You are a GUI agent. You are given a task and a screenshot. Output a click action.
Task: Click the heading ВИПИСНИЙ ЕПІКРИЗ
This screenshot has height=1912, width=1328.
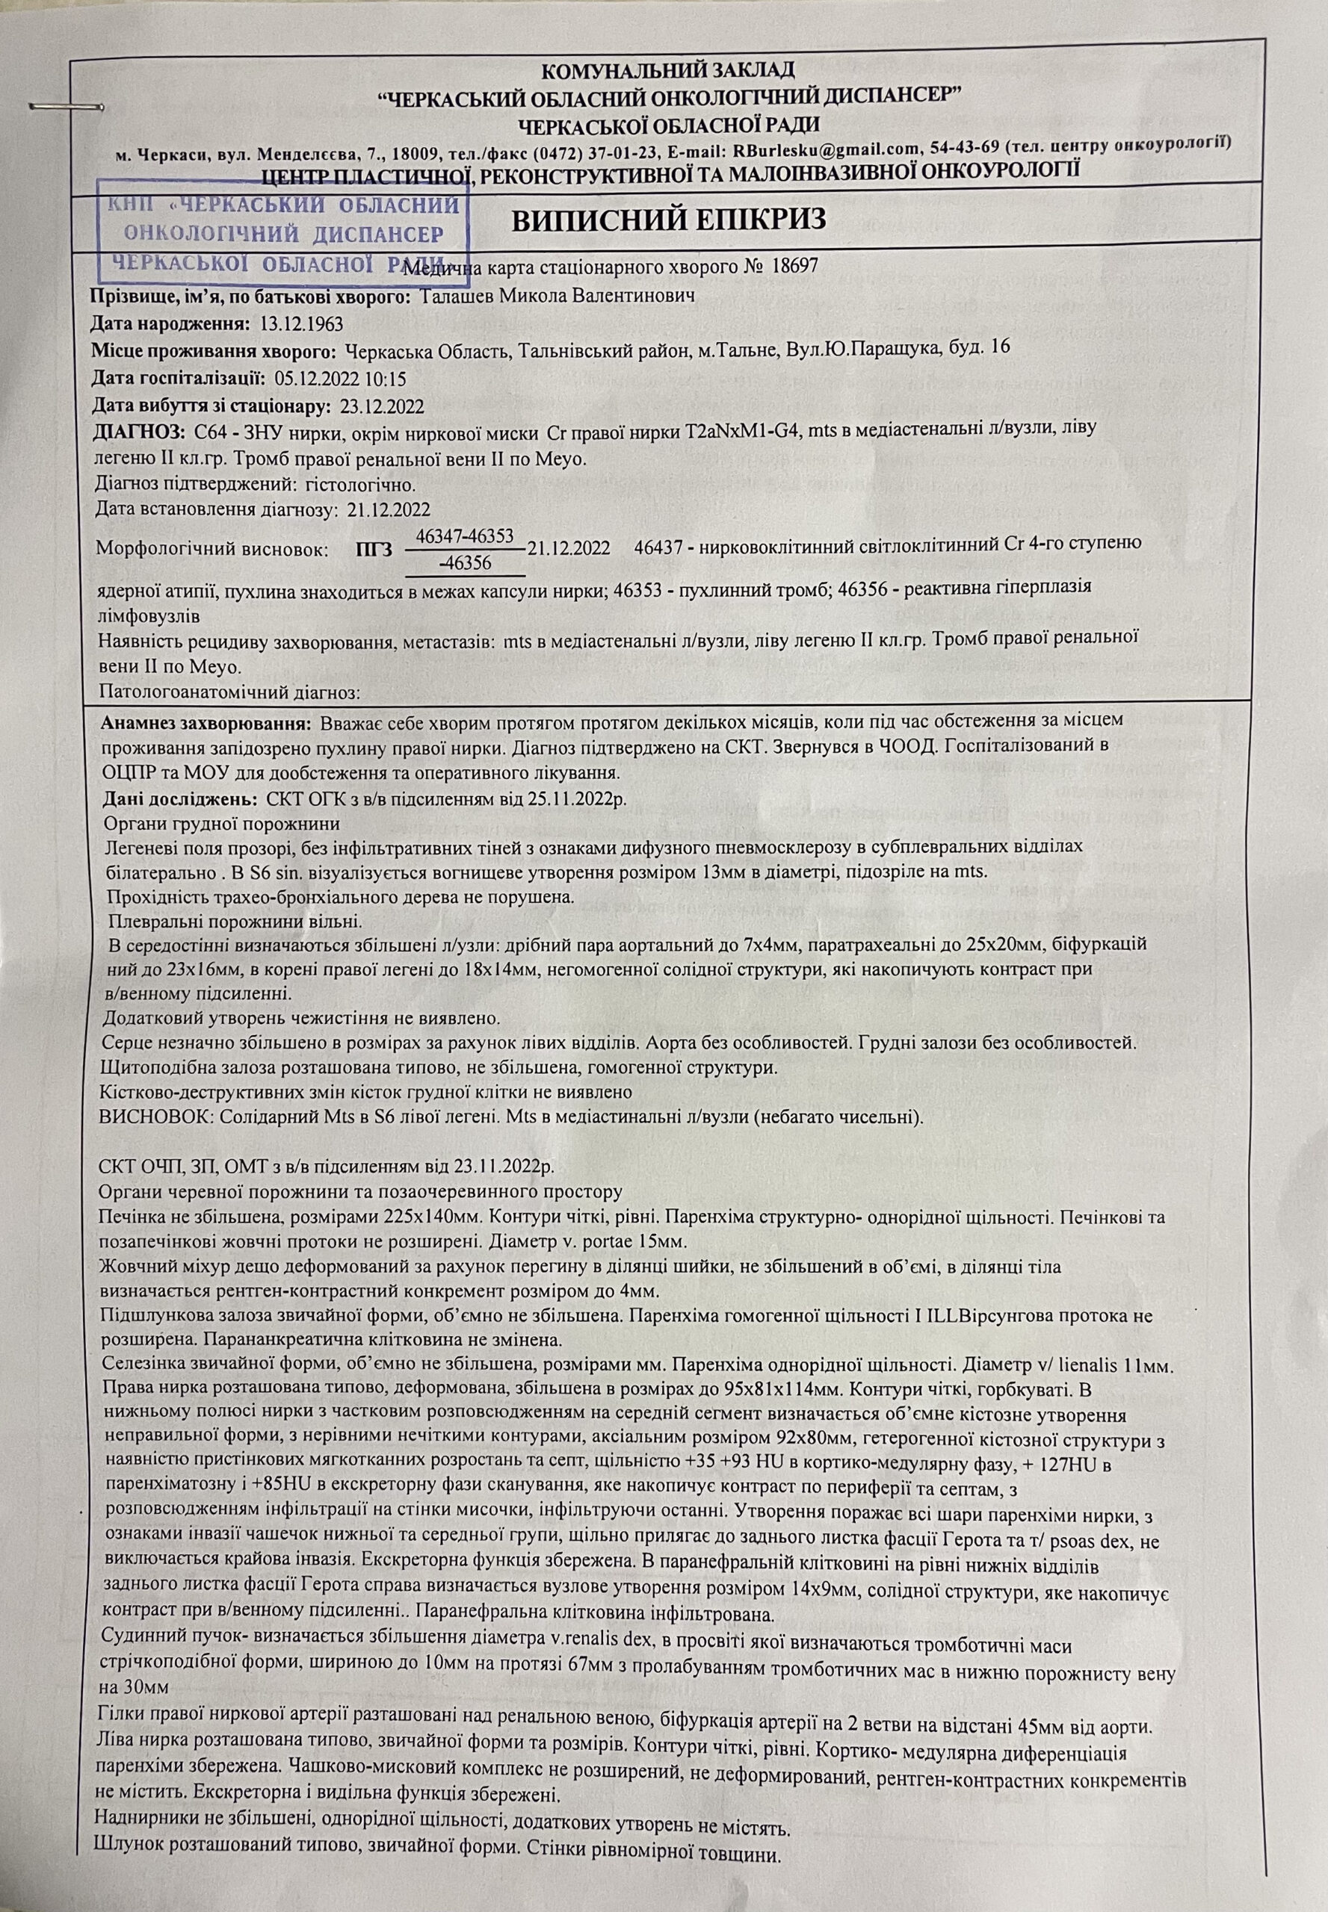(668, 220)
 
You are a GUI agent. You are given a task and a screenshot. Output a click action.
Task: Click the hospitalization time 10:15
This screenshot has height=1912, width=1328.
(388, 379)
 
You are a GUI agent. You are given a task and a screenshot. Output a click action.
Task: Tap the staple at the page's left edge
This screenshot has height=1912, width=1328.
(65, 108)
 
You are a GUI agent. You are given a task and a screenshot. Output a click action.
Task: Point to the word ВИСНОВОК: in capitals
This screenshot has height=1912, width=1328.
(155, 1116)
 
